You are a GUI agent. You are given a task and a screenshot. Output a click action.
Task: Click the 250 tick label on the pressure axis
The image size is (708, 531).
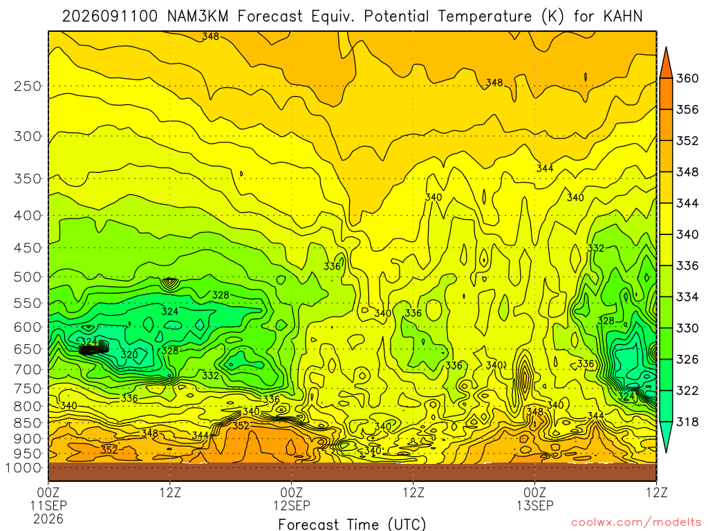[x=28, y=86]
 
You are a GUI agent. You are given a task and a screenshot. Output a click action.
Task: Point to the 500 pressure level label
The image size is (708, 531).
[x=28, y=277]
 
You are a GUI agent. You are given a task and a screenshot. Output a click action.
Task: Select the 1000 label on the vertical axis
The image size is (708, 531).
[x=24, y=468]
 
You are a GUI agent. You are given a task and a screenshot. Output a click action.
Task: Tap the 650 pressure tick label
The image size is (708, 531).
[x=28, y=349]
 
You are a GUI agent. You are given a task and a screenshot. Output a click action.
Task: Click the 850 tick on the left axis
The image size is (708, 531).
[x=28, y=423]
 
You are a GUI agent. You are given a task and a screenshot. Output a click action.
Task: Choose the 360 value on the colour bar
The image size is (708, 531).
[x=687, y=78]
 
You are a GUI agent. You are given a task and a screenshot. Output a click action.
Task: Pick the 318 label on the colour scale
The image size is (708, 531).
[x=687, y=422]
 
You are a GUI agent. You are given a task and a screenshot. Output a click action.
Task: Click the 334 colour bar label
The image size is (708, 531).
[x=687, y=297]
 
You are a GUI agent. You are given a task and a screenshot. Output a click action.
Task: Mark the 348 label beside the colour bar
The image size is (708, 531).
[x=687, y=172]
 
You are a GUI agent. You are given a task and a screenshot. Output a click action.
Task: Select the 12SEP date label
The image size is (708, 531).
[x=292, y=505]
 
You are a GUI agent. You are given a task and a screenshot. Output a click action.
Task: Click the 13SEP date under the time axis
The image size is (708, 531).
[x=535, y=505]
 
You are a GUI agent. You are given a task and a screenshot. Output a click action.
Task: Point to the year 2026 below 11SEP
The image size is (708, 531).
[x=48, y=519]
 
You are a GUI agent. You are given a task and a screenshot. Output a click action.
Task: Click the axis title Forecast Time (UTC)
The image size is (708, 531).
[x=352, y=524]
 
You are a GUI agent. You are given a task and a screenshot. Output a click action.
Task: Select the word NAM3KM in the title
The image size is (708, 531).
[x=198, y=17]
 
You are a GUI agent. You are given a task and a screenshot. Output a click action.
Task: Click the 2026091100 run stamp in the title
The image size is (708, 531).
[x=110, y=17]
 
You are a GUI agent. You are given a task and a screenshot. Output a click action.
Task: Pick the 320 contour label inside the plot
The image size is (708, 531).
[x=129, y=355]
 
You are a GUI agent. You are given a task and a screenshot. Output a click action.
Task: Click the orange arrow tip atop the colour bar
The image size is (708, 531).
[x=666, y=48]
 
